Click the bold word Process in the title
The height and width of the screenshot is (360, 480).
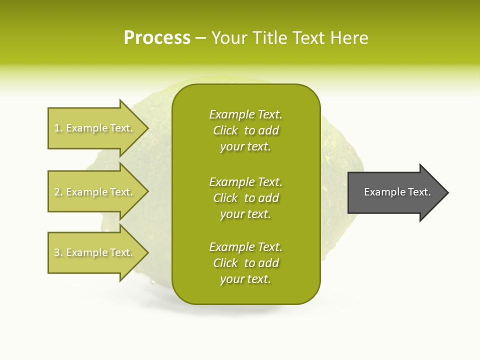click(157, 38)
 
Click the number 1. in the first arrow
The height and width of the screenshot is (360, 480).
click(58, 128)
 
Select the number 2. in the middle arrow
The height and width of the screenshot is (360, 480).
click(58, 192)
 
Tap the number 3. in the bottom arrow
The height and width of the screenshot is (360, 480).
click(58, 252)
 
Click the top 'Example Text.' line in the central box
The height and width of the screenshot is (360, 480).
click(246, 114)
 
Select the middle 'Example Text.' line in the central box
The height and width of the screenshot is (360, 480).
click(246, 182)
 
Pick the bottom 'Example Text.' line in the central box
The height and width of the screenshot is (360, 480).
click(246, 247)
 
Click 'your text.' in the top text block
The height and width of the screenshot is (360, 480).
click(245, 147)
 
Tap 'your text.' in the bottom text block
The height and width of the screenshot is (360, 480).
click(245, 279)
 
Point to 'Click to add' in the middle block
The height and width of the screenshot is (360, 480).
click(246, 198)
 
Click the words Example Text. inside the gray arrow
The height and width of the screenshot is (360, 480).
click(397, 192)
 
